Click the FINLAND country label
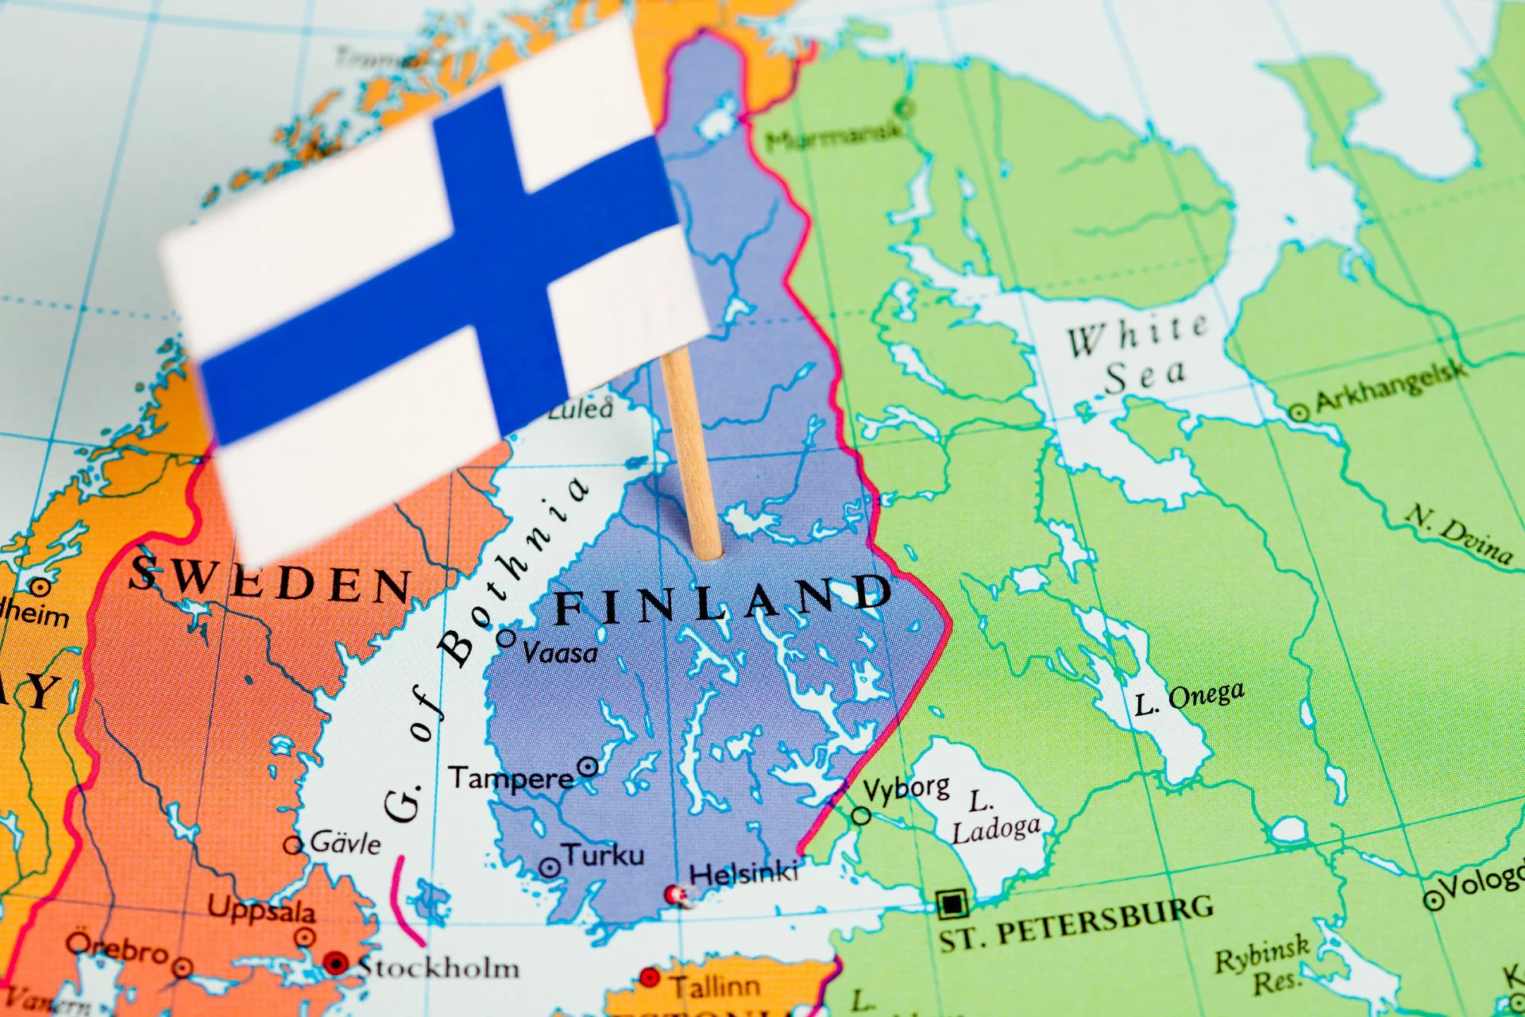click(x=723, y=600)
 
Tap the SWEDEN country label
click(x=270, y=580)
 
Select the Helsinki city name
click(x=743, y=873)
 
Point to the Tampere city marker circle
click(x=588, y=767)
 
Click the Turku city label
click(x=604, y=856)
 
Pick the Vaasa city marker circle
click(x=506, y=637)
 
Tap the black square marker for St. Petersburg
click(x=951, y=903)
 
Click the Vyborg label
click(x=906, y=789)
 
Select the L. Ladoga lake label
click(x=993, y=818)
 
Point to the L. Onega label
click(x=1189, y=698)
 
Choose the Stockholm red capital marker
click(x=335, y=964)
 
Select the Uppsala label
click(x=261, y=908)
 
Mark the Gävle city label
click(x=346, y=842)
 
